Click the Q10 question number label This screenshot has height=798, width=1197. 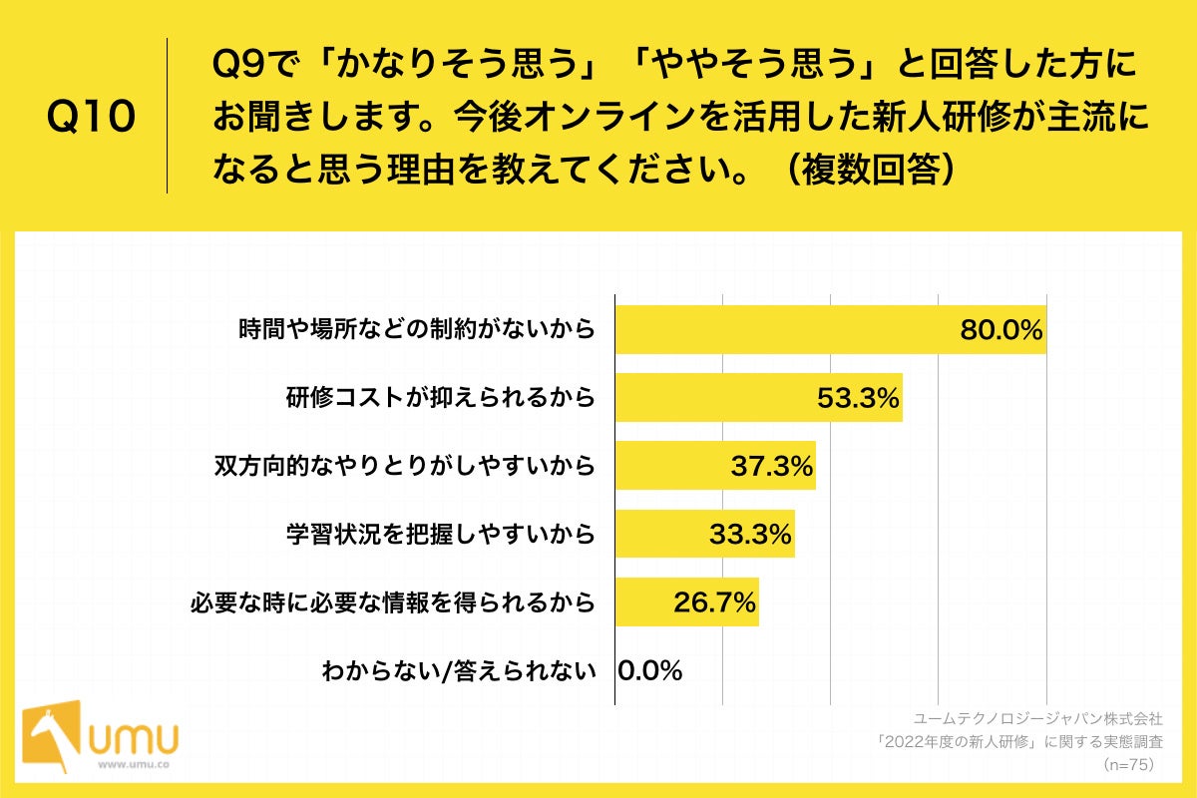91,118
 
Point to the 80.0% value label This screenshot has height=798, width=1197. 1000,329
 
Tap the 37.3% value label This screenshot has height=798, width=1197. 772,466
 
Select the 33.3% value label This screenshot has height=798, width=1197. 751,534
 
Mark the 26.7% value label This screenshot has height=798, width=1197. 714,602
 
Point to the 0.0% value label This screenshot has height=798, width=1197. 650,670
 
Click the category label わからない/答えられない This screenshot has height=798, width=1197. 458,670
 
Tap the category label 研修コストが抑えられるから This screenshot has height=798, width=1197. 440,398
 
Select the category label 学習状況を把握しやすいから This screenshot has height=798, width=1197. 440,534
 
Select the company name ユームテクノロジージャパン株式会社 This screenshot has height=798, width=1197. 1037,717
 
